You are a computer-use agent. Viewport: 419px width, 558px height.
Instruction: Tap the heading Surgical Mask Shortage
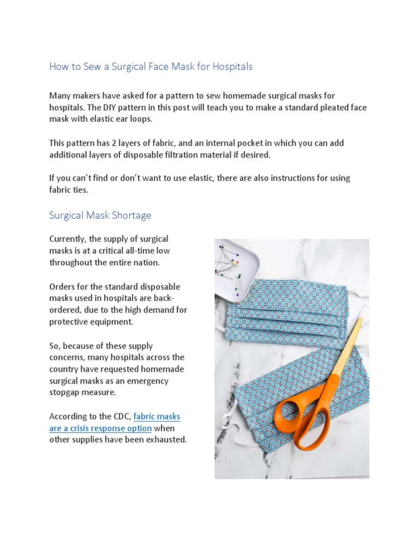[100, 215]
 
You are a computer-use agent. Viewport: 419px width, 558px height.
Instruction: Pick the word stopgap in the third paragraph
[67, 392]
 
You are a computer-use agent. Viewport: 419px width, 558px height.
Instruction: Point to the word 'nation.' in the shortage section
[148, 262]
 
